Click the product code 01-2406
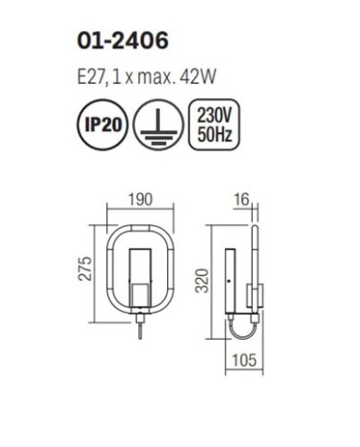pos(123,41)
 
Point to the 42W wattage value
pos(198,77)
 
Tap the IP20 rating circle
pos(102,125)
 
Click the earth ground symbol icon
pos(159,125)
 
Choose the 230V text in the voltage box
pos(214,115)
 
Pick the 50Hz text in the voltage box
pos(214,134)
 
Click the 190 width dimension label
pos(140,199)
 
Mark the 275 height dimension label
pos(85,268)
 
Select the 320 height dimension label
pos(203,281)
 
